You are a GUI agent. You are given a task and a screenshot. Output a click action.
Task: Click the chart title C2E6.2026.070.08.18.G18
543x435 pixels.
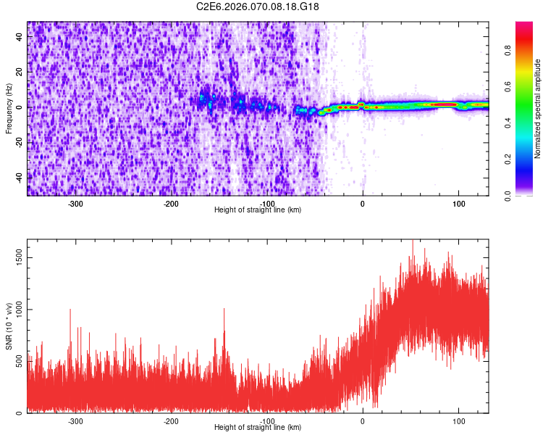(258, 7)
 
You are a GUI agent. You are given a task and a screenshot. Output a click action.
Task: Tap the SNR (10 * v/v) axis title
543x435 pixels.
(9, 326)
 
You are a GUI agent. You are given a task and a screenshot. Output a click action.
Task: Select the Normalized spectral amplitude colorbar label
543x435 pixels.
(538, 109)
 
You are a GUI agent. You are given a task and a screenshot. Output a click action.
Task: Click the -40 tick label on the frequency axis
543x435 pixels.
(19, 177)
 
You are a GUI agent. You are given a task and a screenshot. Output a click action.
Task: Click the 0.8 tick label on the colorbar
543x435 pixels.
(509, 51)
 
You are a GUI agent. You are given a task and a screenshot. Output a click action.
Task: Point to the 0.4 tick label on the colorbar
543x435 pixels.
(509, 123)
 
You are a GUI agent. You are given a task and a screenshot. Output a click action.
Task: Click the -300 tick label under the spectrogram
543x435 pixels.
(75, 204)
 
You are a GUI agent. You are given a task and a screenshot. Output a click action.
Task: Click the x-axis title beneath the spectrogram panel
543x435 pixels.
(258, 210)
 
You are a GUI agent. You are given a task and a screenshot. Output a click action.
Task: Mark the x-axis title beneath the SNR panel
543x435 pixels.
(258, 428)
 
